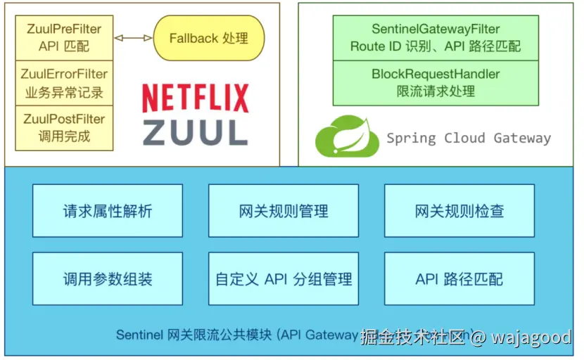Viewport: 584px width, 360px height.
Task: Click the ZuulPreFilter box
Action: [x=64, y=38]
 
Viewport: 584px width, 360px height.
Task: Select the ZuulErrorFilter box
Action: [x=64, y=83]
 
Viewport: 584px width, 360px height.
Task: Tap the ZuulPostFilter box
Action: [x=64, y=127]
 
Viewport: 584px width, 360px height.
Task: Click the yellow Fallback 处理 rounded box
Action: [x=209, y=38]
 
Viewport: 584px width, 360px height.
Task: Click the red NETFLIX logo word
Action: [x=195, y=98]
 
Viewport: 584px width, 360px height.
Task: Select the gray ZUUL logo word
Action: [x=195, y=131]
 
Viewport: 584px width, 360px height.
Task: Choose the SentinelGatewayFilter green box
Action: [x=436, y=38]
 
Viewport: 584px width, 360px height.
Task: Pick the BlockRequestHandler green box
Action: [x=436, y=82]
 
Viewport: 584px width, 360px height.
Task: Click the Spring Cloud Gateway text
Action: [x=469, y=138]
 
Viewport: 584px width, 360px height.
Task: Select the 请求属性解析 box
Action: [x=107, y=210]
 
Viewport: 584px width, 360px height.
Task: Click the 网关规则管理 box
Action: [x=284, y=210]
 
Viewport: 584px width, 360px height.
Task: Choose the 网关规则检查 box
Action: [x=459, y=210]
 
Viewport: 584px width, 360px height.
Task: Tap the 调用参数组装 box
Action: [x=107, y=278]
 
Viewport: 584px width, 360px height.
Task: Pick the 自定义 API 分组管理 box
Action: [x=284, y=278]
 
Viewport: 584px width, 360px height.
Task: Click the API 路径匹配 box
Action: [x=459, y=278]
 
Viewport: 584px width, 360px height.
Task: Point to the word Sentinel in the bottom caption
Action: [x=140, y=335]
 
